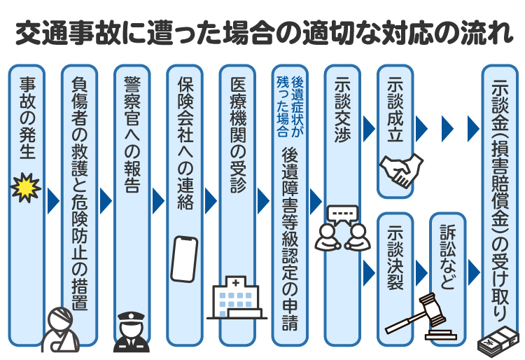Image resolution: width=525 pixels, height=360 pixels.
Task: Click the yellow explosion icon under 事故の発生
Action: point(27,188)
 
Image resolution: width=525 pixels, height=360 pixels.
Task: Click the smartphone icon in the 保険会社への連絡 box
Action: point(184,258)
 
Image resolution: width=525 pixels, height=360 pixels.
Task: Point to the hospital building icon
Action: point(237,300)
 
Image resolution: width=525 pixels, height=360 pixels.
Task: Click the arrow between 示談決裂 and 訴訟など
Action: point(421,271)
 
